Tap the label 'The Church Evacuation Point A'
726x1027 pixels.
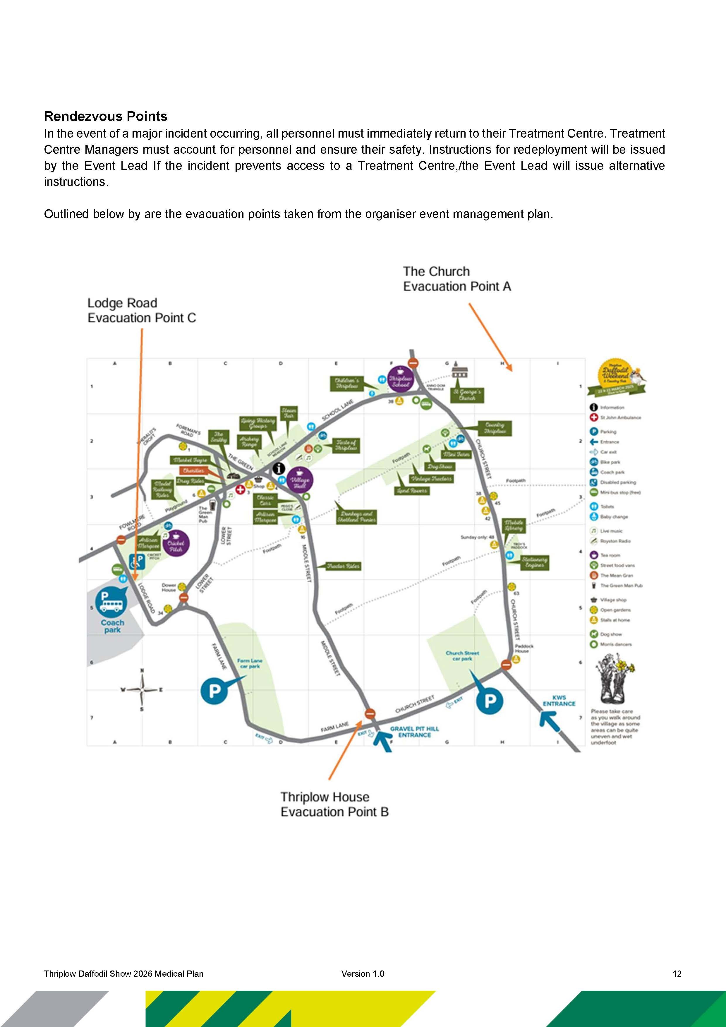456,279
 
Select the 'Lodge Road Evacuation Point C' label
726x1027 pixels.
141,310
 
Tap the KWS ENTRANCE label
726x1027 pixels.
559,701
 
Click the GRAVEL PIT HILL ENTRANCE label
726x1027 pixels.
414,732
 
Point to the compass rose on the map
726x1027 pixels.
142,690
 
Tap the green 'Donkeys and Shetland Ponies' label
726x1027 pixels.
357,517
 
